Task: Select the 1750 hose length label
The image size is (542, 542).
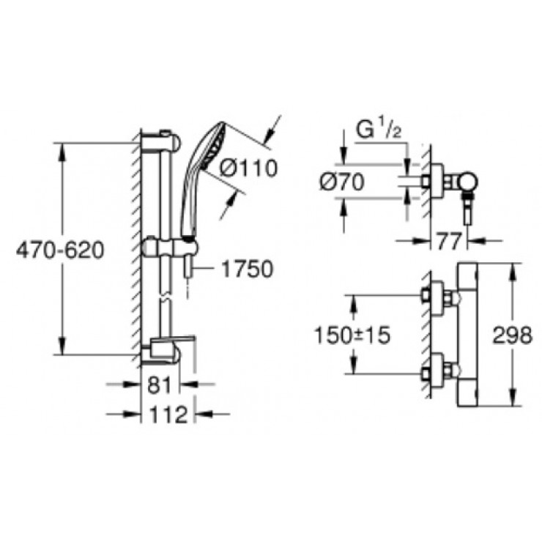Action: tap(245, 269)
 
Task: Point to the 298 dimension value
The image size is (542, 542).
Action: tap(511, 335)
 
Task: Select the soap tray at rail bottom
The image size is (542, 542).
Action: tap(173, 347)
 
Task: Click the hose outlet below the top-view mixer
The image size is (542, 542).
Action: tap(465, 214)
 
